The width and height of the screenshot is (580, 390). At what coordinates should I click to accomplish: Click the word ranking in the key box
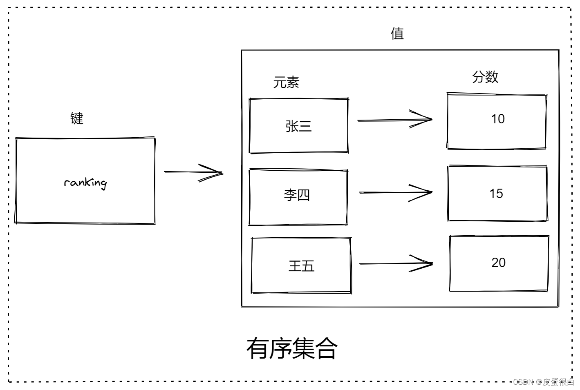coord(85,183)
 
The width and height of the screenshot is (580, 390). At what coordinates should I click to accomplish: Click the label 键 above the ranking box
coord(77,118)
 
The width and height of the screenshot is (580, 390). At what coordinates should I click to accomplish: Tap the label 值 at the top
coord(397,33)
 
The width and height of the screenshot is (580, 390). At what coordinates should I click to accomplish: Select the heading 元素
coord(286,82)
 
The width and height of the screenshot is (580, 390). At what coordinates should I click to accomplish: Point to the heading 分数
coord(485,77)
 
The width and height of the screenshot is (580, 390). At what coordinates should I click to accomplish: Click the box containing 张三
coord(299,126)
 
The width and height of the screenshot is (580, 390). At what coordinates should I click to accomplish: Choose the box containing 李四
coord(298,197)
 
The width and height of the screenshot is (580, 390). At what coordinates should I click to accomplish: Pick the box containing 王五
coord(301,265)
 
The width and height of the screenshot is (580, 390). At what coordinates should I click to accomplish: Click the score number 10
coord(497,119)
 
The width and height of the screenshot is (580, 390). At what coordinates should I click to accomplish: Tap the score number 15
coord(496,194)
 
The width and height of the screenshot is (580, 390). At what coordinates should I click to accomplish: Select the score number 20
coord(498,263)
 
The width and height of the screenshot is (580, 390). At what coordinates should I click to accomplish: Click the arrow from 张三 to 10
coord(394,120)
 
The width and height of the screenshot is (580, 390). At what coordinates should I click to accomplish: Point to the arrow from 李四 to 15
coord(395,192)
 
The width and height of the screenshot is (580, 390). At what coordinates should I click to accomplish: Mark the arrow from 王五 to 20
coord(395,264)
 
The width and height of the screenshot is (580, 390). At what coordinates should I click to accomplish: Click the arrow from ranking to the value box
coord(193,172)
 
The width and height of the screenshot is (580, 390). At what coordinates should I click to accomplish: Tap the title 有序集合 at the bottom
coord(292,348)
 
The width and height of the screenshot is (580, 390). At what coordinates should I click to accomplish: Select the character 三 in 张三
coord(305,126)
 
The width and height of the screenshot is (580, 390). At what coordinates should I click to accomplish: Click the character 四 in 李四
coord(303,195)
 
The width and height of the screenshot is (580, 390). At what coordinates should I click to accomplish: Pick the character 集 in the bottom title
coord(303,348)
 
